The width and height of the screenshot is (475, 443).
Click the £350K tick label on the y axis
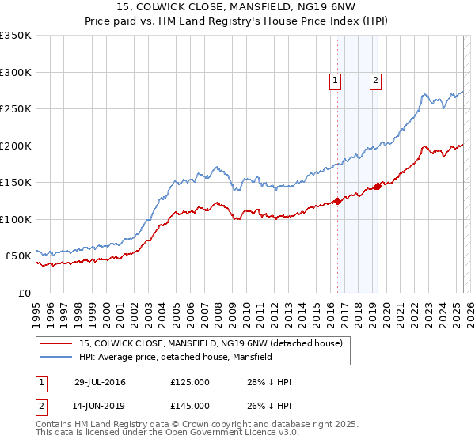(16, 36)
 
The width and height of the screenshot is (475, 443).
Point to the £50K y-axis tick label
(18, 256)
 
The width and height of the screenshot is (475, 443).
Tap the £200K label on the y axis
(16, 146)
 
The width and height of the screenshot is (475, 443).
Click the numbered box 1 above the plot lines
(336, 80)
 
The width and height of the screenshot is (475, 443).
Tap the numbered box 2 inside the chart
(375, 80)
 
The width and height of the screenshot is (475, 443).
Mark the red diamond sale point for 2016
(337, 201)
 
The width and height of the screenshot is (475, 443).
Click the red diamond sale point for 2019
(378, 186)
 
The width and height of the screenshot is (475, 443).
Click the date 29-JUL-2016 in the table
(100, 382)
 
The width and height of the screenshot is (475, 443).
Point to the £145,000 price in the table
(190, 405)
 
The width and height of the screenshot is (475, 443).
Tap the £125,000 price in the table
(190, 382)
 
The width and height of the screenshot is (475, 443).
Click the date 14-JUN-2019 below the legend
(100, 405)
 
